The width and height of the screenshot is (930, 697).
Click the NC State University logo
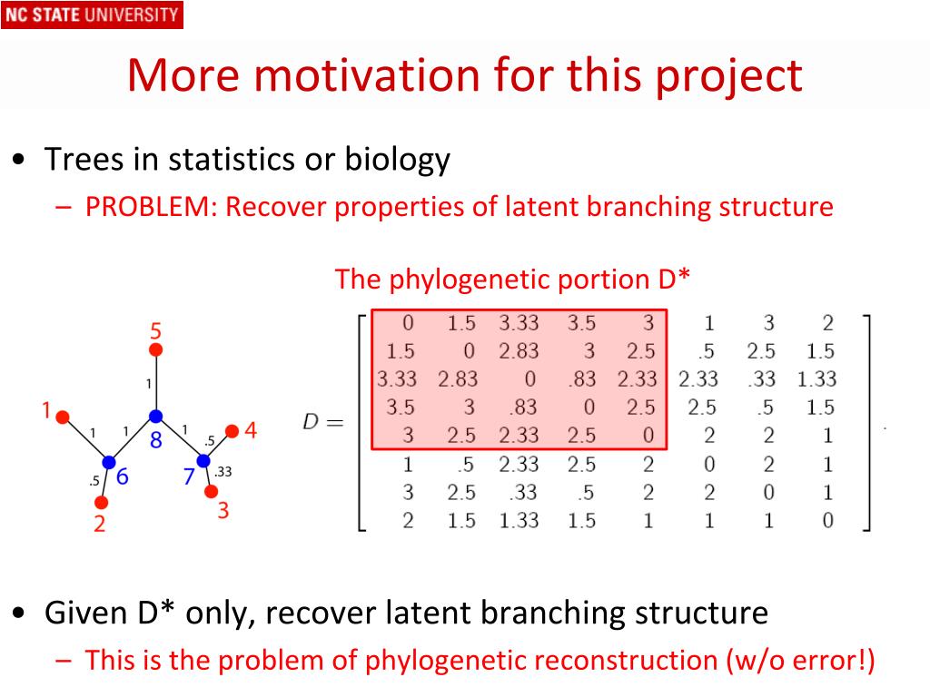pos(92,15)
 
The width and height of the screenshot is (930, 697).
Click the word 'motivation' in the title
pos(368,75)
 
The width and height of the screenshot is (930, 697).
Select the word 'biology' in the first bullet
pos(398,161)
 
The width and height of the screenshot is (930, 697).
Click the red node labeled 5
pos(156,350)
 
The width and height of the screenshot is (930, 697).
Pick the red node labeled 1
pos(63,417)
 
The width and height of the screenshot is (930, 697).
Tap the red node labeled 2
pos(102,503)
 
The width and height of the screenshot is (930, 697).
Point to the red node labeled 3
pos(211,491)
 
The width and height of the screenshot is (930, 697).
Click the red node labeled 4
pos(232,431)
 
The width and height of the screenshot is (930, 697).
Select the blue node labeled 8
pos(156,416)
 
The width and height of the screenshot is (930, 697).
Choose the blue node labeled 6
pos(109,462)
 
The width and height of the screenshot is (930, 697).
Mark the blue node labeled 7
pos(203,460)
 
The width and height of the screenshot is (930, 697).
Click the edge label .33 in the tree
pos(223,472)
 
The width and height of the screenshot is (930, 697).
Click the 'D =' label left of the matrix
pos(323,422)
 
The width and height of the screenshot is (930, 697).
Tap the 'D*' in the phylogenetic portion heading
pos(675,279)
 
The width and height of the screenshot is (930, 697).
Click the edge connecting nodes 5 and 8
pos(156,383)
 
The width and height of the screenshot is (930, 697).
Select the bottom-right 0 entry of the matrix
pos(828,520)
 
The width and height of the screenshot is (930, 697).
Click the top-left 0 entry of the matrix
pos(408,323)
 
